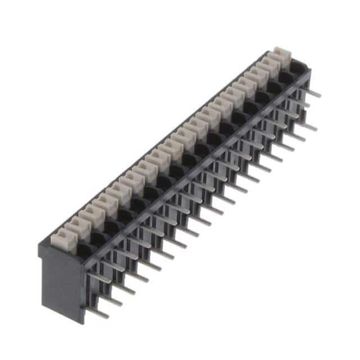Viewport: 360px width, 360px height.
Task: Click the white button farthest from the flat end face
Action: pyautogui.click(x=280, y=57)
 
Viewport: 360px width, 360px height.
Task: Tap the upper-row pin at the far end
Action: pyautogui.click(x=313, y=93)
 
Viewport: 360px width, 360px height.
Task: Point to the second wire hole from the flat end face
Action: pyautogui.click(x=97, y=238)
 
